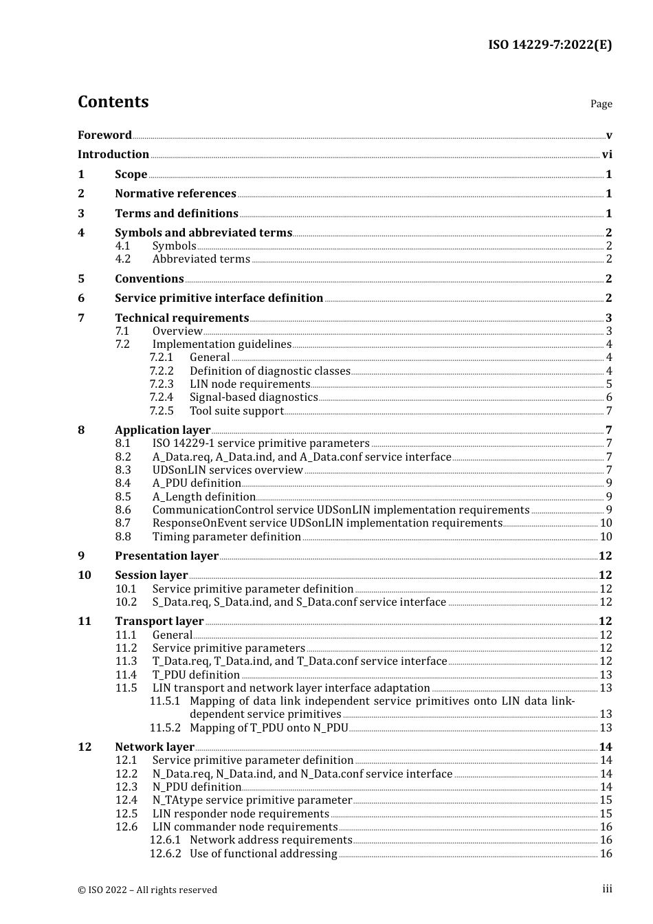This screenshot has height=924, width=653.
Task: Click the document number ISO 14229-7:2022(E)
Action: [550, 45]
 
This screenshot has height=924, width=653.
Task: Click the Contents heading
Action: [113, 102]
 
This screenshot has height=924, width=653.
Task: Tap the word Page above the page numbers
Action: [601, 104]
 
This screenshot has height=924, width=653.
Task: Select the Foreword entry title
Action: [104, 135]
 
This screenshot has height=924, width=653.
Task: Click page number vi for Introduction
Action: [607, 155]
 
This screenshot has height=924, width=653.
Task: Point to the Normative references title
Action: [175, 194]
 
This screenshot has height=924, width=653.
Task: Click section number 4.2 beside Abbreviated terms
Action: [122, 259]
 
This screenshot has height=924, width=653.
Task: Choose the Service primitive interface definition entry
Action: [219, 298]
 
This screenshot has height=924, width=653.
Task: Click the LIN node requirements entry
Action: [250, 384]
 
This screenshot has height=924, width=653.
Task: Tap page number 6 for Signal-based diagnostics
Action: [609, 397]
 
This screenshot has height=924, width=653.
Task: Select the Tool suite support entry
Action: [236, 411]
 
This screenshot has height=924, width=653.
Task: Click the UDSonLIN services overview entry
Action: [228, 470]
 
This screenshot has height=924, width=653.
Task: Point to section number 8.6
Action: [122, 510]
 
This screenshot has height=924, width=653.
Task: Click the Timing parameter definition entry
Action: [226, 537]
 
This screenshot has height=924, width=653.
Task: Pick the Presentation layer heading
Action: [166, 556]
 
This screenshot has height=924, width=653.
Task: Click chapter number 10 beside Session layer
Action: [84, 575]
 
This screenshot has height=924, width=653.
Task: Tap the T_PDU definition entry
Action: [196, 675]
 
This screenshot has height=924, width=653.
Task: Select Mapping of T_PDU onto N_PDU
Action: [269, 728]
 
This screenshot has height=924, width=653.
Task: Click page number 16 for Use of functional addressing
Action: [606, 854]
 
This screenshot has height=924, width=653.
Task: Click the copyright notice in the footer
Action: [147, 890]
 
